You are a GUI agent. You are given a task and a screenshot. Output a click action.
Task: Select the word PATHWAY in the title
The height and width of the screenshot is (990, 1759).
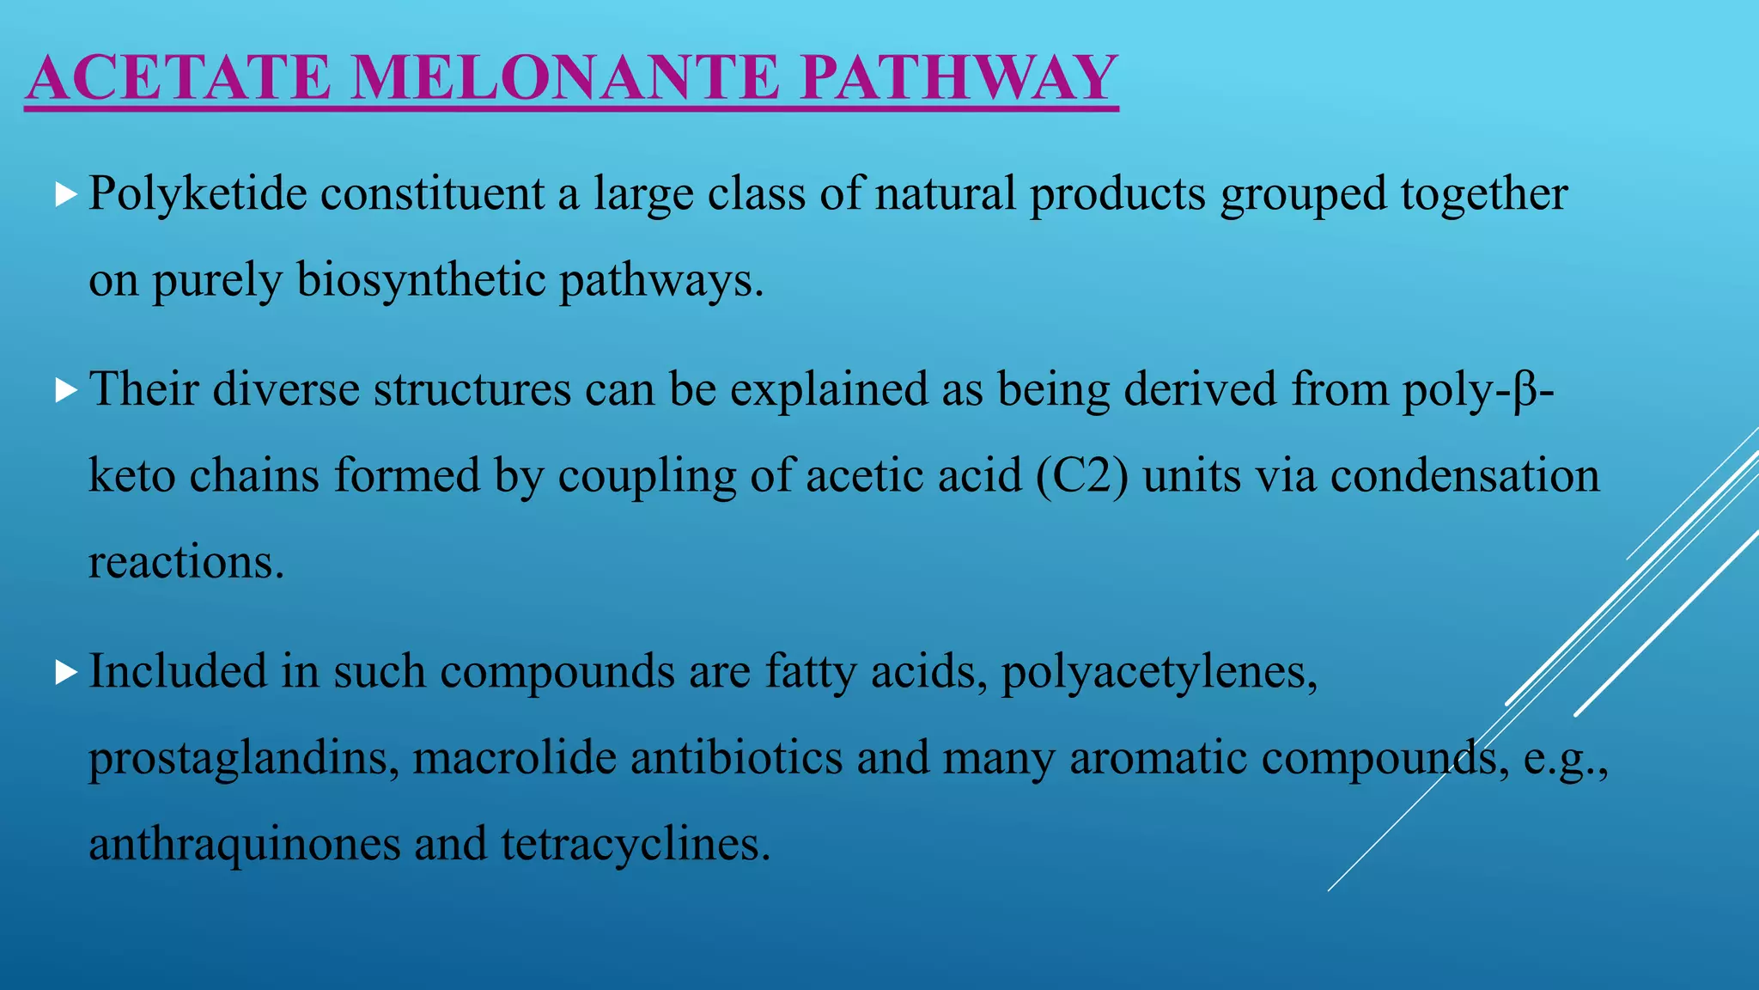[958, 77]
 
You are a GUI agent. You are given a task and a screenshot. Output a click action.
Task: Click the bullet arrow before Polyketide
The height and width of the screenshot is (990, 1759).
[65, 194]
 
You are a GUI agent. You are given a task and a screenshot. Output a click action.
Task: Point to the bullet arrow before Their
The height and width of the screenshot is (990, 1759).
[65, 390]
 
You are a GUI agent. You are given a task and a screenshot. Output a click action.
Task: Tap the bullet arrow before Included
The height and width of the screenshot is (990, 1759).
[65, 672]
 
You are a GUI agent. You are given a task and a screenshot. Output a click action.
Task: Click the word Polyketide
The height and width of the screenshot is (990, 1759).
[198, 194]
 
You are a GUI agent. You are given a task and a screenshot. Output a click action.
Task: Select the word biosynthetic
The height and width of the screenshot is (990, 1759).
[421, 280]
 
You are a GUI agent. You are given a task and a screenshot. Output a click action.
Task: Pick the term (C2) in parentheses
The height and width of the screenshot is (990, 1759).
[1081, 476]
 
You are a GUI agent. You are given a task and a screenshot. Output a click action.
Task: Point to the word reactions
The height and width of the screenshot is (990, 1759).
[186, 564]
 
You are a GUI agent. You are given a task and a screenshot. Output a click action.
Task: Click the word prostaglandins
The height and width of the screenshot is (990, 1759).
[244, 758]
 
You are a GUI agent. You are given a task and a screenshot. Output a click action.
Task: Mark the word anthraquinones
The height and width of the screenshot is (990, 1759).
[245, 844]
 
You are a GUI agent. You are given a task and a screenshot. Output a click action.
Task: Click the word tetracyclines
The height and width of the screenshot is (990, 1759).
[636, 844]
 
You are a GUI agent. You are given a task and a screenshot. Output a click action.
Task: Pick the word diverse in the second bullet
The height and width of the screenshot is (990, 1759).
[286, 390]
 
